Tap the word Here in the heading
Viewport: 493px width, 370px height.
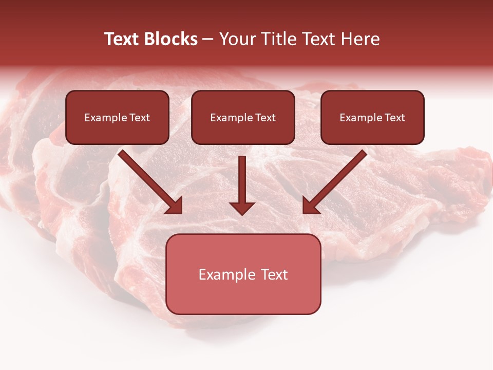(x=360, y=39)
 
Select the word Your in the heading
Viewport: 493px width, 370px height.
(x=236, y=39)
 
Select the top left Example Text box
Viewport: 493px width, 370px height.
(x=117, y=117)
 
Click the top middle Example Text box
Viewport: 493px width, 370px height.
(x=243, y=117)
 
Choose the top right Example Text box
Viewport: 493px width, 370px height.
(x=372, y=117)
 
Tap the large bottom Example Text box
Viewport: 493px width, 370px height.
(x=243, y=274)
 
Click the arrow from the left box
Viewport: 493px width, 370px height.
(x=149, y=181)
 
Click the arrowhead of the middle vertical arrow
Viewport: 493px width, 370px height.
(x=242, y=208)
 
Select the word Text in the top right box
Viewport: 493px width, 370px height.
(x=394, y=118)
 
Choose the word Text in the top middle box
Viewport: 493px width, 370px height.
(x=265, y=118)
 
